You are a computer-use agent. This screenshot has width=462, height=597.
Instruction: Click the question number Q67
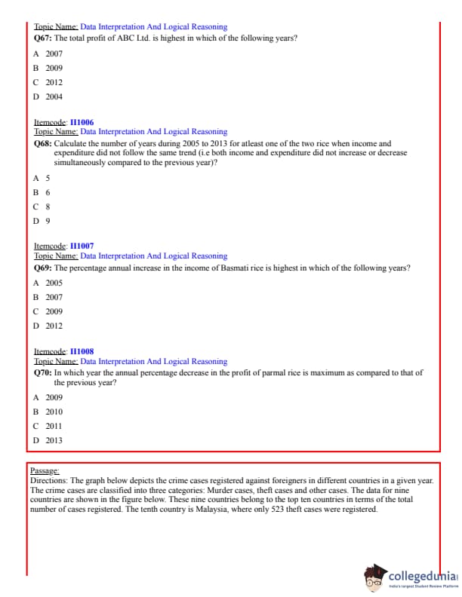[44, 37]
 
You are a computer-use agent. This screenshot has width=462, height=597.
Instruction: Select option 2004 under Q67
[54, 96]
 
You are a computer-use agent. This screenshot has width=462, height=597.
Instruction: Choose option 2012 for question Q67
[54, 82]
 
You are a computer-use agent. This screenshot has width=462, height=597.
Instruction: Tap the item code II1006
[82, 122]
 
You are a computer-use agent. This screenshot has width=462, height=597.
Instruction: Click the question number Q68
[44, 142]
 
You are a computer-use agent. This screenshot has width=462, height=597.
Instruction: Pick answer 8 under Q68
[48, 207]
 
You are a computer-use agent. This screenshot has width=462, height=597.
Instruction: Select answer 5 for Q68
[48, 178]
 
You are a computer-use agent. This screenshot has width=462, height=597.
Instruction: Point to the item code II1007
[82, 246]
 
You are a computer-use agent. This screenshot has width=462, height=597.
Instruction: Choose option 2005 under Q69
[54, 283]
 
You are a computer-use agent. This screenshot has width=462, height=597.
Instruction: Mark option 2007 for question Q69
[54, 297]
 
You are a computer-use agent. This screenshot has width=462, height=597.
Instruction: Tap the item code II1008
[82, 351]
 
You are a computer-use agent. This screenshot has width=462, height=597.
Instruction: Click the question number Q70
[44, 372]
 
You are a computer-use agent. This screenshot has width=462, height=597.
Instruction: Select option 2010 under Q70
[54, 412]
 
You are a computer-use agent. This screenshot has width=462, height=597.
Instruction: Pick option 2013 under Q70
[54, 440]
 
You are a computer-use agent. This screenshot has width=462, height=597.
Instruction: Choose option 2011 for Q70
[54, 426]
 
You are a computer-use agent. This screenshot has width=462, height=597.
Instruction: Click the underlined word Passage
[45, 470]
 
